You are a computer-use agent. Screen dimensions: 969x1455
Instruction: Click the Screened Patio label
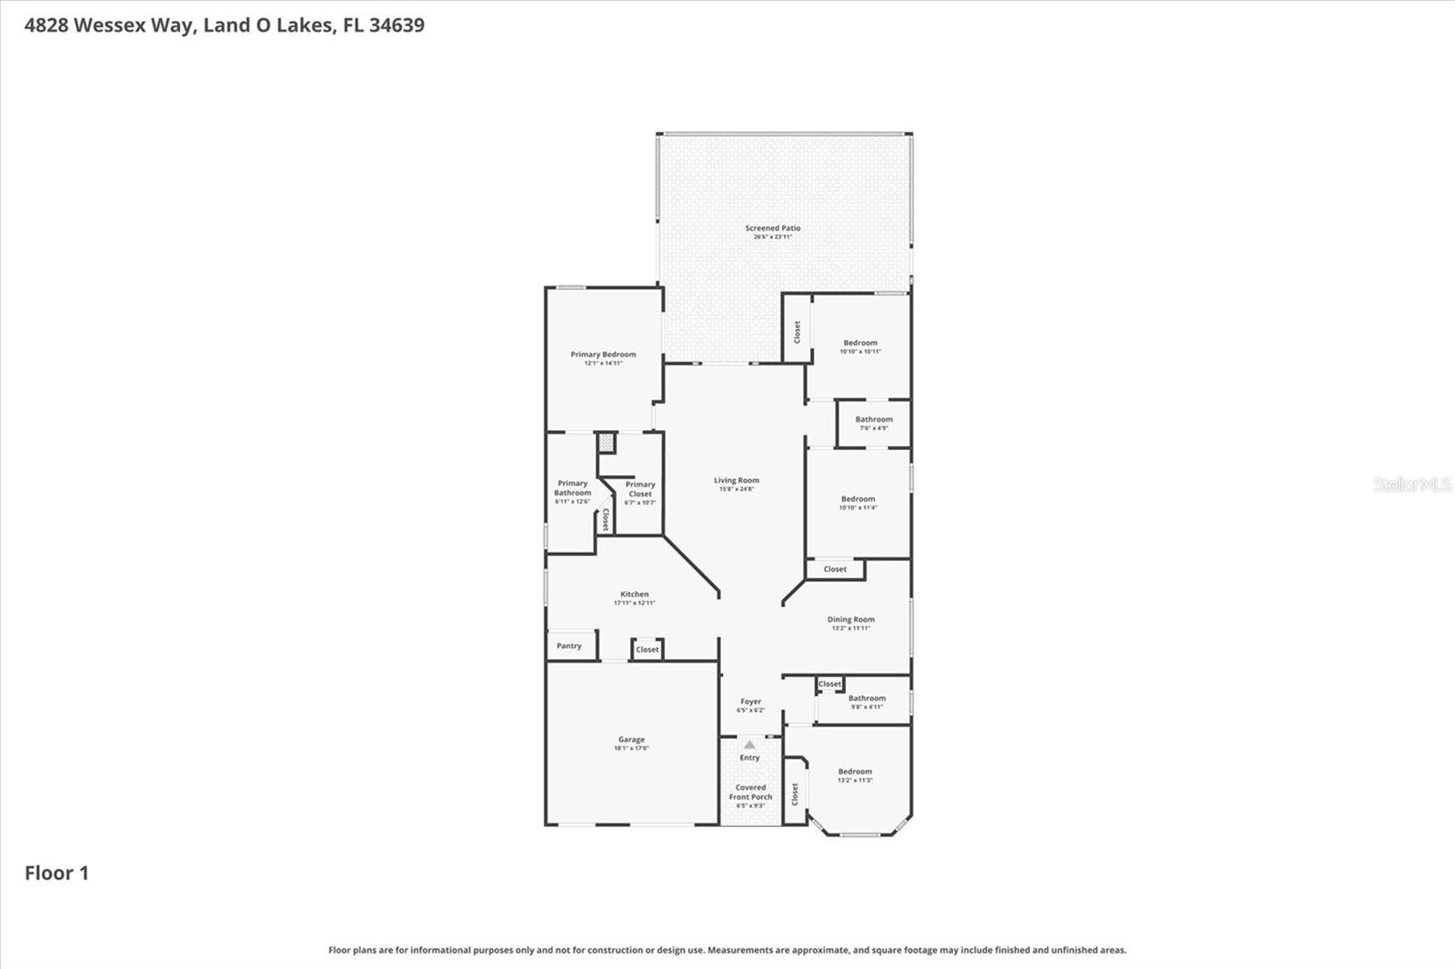[773, 228]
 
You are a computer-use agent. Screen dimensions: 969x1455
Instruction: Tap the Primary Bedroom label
[603, 355]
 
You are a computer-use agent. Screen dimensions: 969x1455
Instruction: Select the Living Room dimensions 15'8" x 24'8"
[736, 489]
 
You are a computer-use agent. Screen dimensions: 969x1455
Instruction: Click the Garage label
[631, 740]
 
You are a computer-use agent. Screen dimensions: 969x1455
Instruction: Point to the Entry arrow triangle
[749, 744]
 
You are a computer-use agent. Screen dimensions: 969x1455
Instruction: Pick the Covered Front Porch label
[750, 793]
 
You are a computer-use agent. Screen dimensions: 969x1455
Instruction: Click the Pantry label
[569, 646]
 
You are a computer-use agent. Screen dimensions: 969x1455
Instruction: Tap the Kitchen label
[635, 594]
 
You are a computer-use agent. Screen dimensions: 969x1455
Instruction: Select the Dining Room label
[850, 620]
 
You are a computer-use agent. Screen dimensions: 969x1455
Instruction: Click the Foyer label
[750, 702]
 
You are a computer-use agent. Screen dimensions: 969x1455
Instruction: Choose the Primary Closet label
[640, 489]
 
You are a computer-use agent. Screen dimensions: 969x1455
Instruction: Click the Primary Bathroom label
[573, 488]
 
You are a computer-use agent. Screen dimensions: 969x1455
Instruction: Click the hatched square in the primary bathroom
[607, 444]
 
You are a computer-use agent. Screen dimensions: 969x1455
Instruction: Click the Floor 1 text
[56, 874]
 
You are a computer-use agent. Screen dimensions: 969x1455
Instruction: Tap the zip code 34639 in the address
[396, 25]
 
